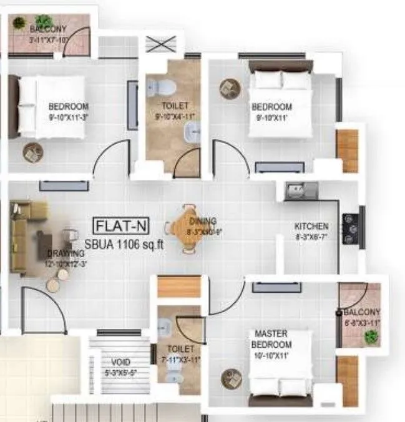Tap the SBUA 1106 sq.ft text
(x=124, y=245)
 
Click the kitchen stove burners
(x=351, y=228)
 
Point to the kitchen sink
(x=300, y=190)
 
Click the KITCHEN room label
(x=312, y=226)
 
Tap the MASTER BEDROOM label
(x=271, y=340)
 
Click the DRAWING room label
(x=66, y=253)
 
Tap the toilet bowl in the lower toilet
(x=173, y=376)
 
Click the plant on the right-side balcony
(x=371, y=337)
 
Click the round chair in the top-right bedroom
(x=229, y=89)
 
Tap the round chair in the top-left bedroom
(x=32, y=152)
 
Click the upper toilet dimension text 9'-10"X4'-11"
(x=175, y=115)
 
